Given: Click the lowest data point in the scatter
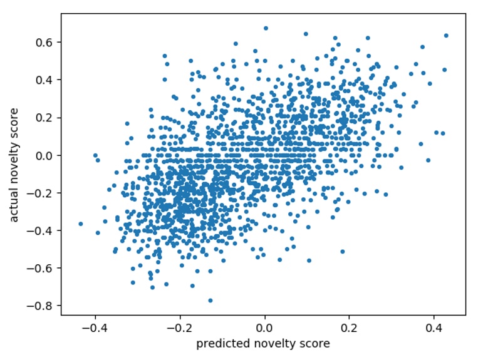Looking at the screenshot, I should tap(210, 301).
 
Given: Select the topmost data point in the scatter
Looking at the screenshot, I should tap(266, 28).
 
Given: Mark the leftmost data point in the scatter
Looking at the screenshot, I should tap(80, 224).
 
